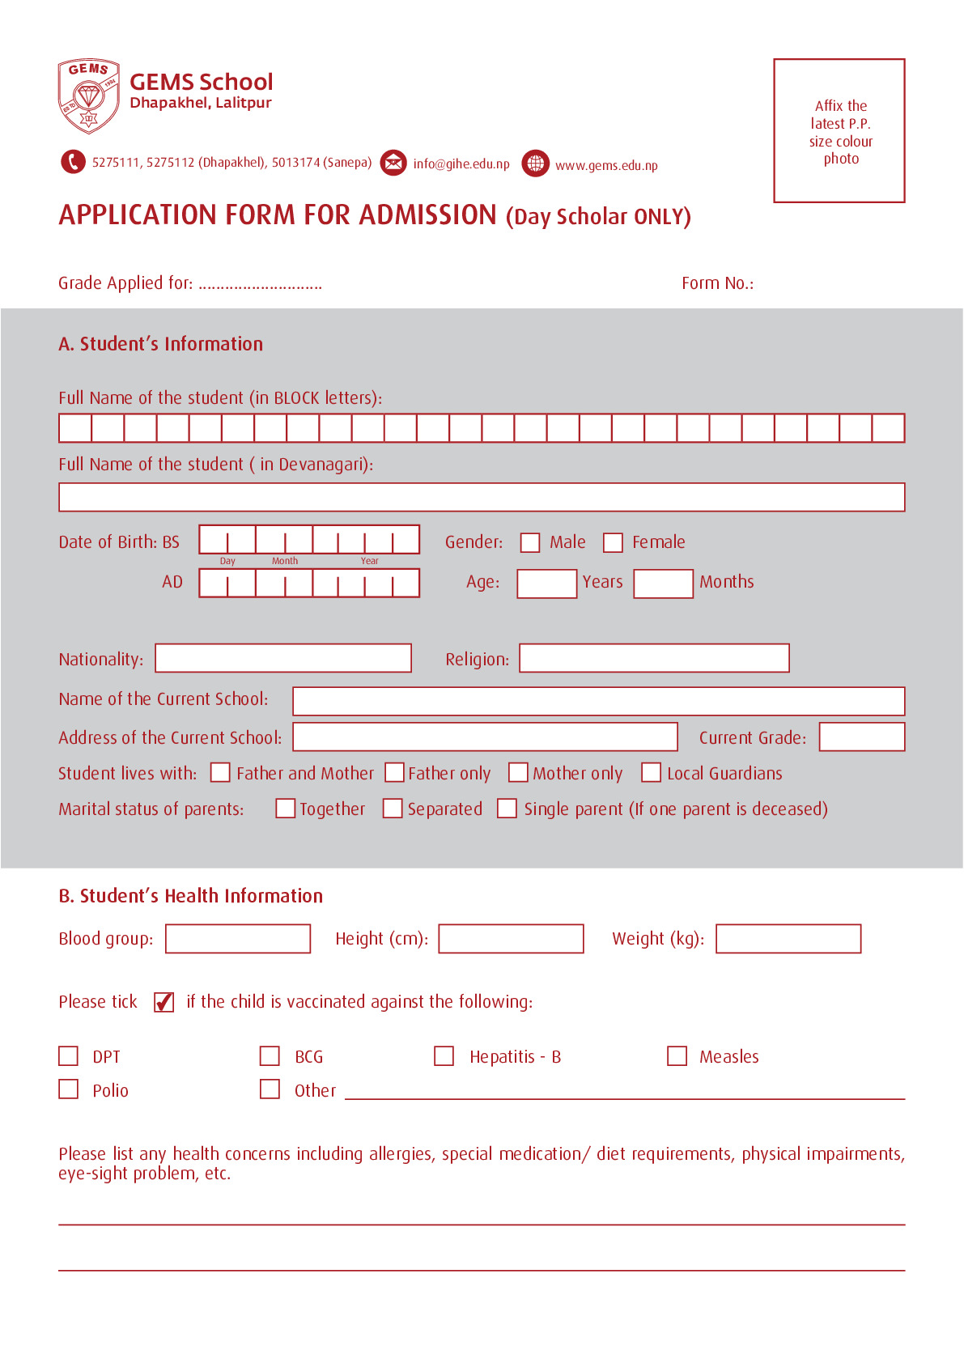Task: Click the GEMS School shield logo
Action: point(89,96)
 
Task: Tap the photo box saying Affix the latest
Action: point(839,130)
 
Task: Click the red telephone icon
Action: point(73,162)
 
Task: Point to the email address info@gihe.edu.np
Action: point(461,164)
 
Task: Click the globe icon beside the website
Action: point(535,163)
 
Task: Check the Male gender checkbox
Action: point(530,542)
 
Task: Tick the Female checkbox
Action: point(614,542)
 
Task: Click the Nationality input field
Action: point(283,658)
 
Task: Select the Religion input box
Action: point(654,658)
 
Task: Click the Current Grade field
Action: point(861,737)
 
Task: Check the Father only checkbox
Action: point(394,773)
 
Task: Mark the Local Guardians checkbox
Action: point(652,773)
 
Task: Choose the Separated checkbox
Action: point(393,809)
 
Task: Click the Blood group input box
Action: point(238,939)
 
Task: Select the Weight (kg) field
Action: point(788,939)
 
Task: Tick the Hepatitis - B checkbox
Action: point(444,1056)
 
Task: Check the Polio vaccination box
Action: point(69,1089)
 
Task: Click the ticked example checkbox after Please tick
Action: point(164,1002)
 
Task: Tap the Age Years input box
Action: point(547,584)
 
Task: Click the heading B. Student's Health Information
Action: point(191,896)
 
